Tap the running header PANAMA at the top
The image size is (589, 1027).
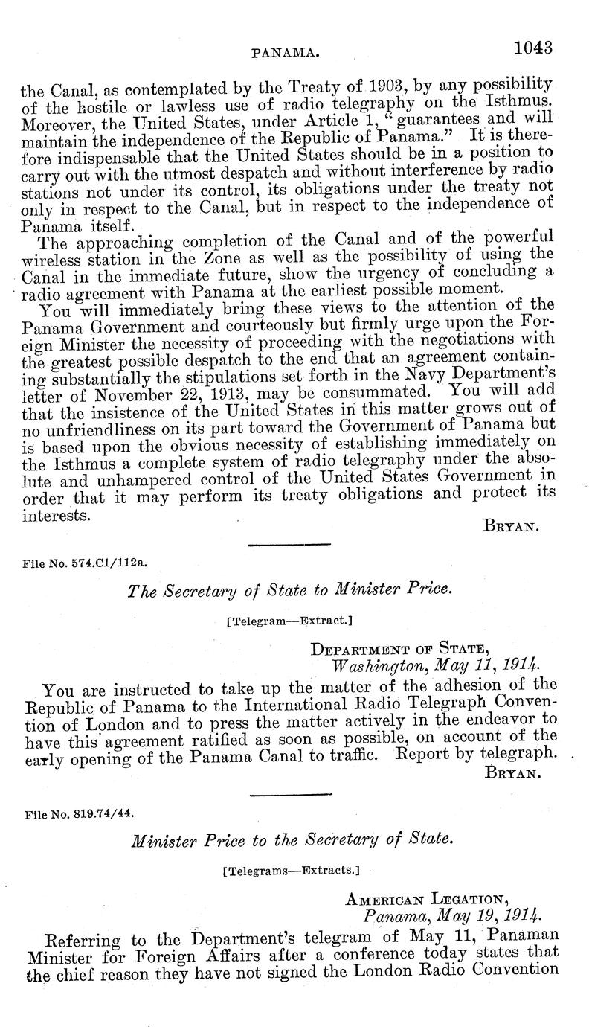[x=286, y=54]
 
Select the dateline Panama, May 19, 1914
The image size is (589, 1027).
[x=451, y=915]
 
